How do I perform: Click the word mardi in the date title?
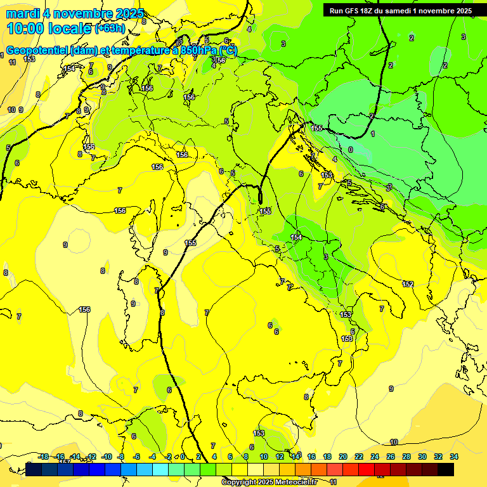point(24,13)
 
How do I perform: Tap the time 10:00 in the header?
point(26,29)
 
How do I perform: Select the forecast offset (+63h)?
point(110,29)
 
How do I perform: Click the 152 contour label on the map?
point(408,284)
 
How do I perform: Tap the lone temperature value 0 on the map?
point(351,150)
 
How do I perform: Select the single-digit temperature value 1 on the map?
point(373,134)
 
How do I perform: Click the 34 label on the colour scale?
point(454,457)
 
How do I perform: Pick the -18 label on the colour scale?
point(43,457)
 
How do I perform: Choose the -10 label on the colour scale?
point(107,457)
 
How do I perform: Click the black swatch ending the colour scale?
point(445,469)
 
